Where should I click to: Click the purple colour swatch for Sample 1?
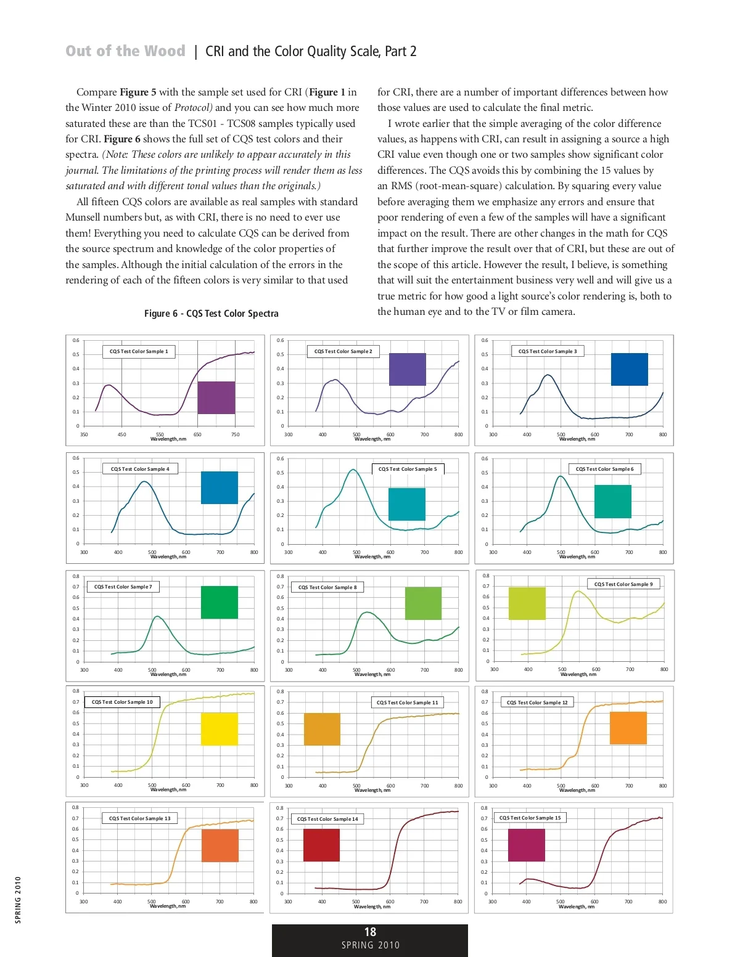coord(216,397)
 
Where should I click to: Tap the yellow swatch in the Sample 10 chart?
coord(219,729)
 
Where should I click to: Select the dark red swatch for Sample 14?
coord(321,845)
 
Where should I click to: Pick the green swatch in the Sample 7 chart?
coord(219,602)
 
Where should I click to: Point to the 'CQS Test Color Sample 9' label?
coord(623,584)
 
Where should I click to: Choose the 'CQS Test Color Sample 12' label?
coord(537,702)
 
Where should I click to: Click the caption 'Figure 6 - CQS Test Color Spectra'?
coord(211,314)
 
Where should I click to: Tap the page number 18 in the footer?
coord(370,932)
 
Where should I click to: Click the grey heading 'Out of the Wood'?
coord(125,51)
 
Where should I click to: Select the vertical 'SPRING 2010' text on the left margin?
coord(18,900)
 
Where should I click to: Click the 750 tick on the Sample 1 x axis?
coord(235,434)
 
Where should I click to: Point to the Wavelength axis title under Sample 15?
coord(577,906)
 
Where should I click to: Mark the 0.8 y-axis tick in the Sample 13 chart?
coord(75,807)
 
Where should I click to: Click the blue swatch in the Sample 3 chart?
coord(629,369)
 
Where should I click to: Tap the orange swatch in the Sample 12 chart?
coord(628,728)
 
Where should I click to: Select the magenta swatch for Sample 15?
coord(526,845)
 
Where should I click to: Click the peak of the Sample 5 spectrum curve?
coord(353,470)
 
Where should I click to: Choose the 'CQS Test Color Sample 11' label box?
coord(407,702)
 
